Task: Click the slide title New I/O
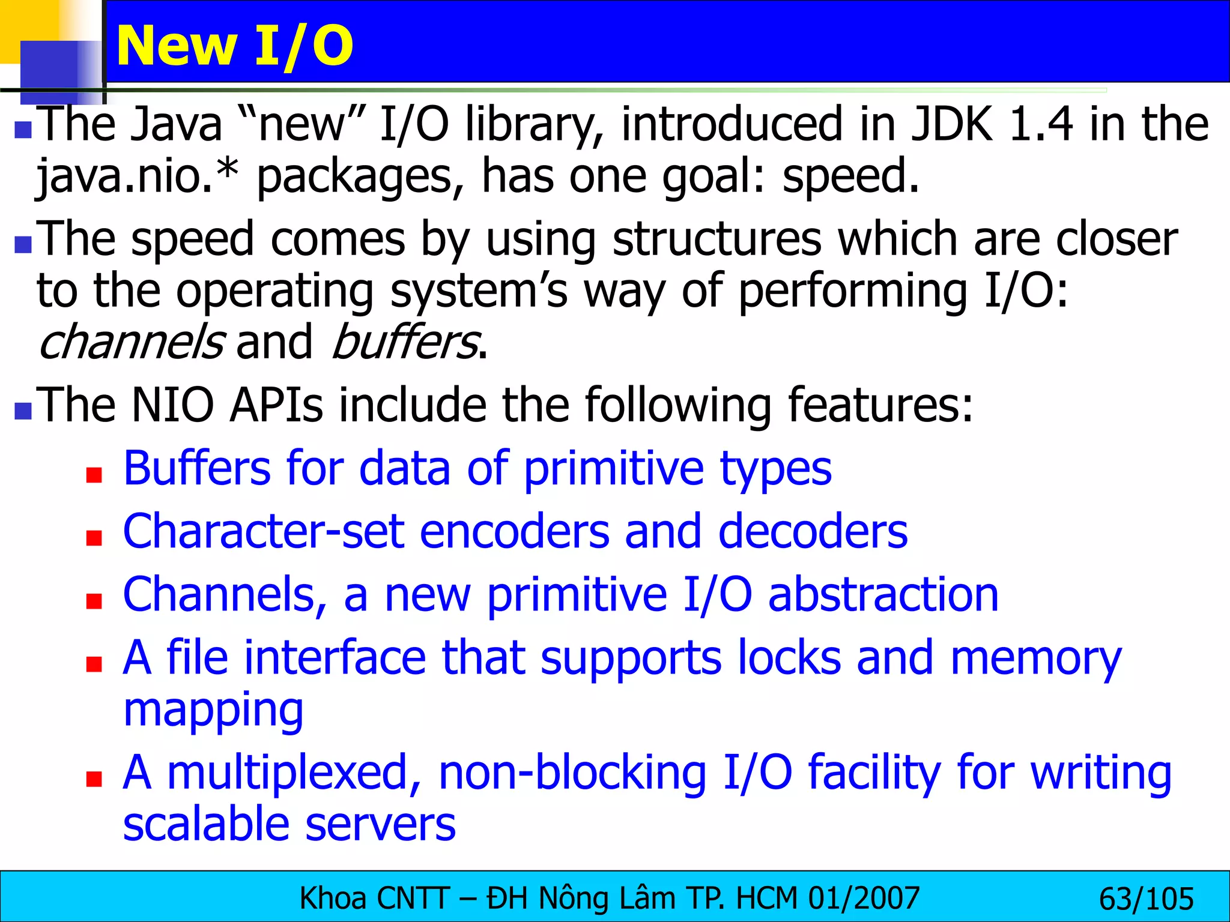[x=235, y=46]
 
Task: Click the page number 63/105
[x=1146, y=899]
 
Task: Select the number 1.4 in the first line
[x=1041, y=124]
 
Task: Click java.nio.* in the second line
[x=138, y=176]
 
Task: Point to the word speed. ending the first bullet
[x=850, y=176]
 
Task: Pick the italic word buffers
[x=406, y=342]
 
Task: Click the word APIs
[x=276, y=405]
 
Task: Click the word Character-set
[x=263, y=532]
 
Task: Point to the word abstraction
[x=883, y=595]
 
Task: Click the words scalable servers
[x=289, y=825]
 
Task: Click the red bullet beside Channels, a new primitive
[x=94, y=601]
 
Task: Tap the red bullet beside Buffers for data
[x=94, y=475]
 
